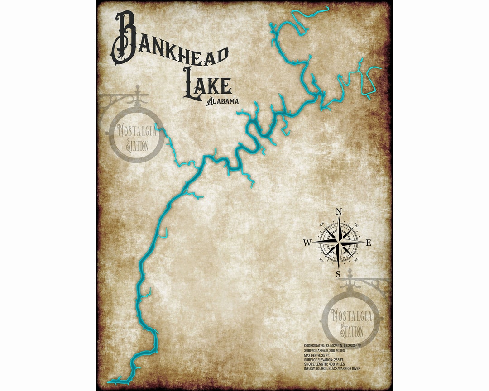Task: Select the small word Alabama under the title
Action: (x=223, y=101)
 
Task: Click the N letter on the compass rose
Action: (x=338, y=211)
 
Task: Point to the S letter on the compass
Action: (x=338, y=274)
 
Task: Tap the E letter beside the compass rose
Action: (x=369, y=243)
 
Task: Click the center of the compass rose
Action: (x=338, y=243)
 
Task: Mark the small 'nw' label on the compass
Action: (x=322, y=224)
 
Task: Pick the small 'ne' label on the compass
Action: (x=355, y=225)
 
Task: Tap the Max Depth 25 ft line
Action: (x=317, y=355)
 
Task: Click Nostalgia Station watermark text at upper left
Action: (x=137, y=138)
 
